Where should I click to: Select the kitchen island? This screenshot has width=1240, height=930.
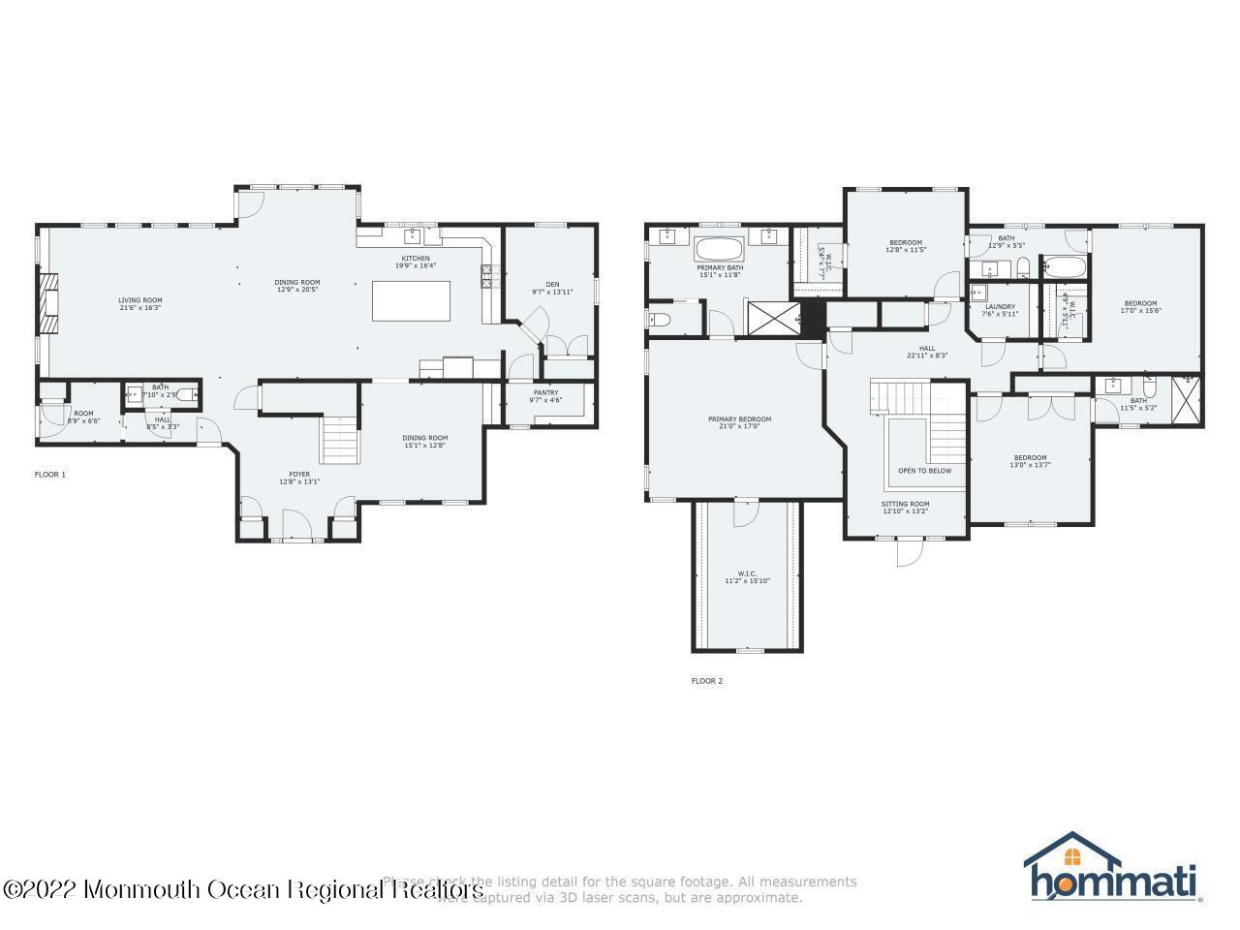[412, 300]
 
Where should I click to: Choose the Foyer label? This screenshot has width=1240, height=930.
[299, 477]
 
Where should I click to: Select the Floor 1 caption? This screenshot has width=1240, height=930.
[49, 475]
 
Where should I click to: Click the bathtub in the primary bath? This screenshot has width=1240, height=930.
[719, 247]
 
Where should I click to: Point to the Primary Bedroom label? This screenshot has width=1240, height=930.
[739, 422]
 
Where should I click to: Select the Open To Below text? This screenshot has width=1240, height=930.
[924, 471]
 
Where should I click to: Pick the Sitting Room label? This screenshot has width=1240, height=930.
[905, 507]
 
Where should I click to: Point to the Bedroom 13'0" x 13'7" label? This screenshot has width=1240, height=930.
[1030, 461]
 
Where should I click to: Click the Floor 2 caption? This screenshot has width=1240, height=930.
[706, 681]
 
